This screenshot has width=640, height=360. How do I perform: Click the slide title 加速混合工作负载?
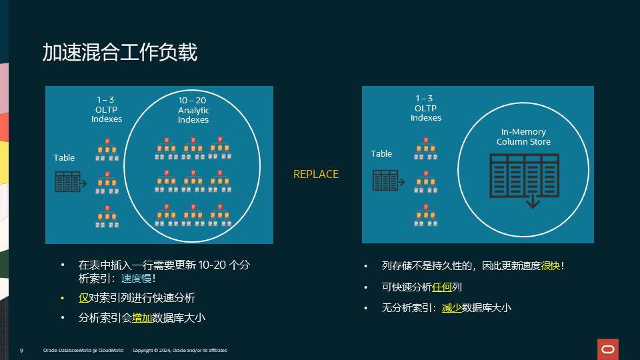point(120,52)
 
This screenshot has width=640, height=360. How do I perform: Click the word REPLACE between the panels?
point(316,174)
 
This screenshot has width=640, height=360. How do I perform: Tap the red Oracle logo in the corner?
point(608,349)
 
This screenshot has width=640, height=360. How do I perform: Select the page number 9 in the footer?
point(22,350)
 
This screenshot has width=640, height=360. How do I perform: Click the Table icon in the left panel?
point(69,181)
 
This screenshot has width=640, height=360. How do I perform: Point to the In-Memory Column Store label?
point(523,137)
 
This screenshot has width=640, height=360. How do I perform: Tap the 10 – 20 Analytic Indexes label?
point(193,110)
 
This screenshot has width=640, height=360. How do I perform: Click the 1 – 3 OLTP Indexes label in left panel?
point(107,109)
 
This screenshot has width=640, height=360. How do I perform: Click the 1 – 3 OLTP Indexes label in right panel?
point(426,108)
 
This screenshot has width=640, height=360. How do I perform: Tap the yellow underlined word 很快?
point(550,266)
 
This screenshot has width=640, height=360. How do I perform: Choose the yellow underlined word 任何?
point(442,287)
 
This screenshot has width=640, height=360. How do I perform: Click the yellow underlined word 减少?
point(451,307)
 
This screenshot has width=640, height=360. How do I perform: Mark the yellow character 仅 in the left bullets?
point(83,298)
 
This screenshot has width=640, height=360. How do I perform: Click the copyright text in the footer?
point(180,350)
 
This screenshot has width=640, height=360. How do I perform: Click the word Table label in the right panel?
point(381,154)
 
